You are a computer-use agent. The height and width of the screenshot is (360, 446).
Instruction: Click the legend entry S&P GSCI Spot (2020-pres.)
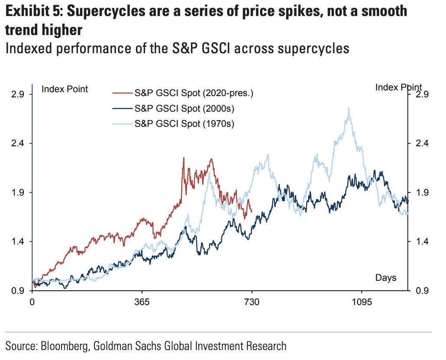coord(194,93)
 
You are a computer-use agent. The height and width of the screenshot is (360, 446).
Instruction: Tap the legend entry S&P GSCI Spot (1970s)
coord(184,123)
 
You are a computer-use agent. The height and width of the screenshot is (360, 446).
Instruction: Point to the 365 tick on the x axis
coord(142,302)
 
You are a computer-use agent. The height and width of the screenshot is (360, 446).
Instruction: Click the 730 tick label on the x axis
coord(252,302)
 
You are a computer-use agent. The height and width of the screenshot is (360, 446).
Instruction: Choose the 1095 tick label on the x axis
coord(362,302)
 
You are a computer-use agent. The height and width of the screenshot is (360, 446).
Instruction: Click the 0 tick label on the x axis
coord(32,302)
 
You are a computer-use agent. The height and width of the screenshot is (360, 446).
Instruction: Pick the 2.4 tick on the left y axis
coord(19,143)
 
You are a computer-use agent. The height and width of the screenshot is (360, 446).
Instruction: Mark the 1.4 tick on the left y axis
coord(19,241)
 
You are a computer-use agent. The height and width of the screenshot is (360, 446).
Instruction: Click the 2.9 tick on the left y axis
coord(19,94)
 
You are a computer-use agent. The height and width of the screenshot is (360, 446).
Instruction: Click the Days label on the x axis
coord(386,277)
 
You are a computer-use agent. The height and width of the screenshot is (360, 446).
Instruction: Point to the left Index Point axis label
coord(65,89)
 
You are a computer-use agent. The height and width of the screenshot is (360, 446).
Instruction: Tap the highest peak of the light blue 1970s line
coord(349,108)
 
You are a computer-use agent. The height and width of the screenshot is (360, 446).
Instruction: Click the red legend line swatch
coord(122,93)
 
